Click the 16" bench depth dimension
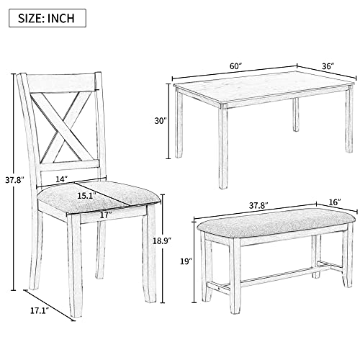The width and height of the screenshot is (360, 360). pos(335,202)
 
